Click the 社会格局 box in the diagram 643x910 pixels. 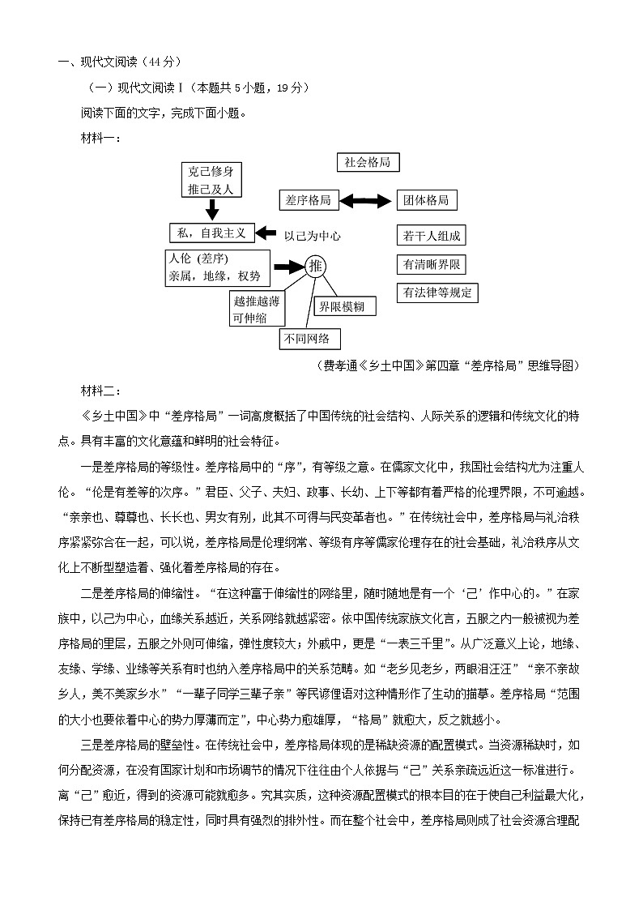point(367,162)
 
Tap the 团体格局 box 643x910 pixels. point(427,200)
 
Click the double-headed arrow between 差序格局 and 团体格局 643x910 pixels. point(368,200)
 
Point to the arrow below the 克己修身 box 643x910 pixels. point(212,210)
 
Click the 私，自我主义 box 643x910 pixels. point(212,233)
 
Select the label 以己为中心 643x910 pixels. point(312,237)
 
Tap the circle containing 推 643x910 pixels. point(316,266)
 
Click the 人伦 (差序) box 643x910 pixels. point(215,267)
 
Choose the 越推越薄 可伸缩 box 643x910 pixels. point(257,309)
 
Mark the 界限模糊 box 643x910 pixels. point(345,306)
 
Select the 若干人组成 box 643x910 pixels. point(432,236)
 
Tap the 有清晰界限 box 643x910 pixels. point(432,264)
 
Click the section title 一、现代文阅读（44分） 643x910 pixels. point(119,62)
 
